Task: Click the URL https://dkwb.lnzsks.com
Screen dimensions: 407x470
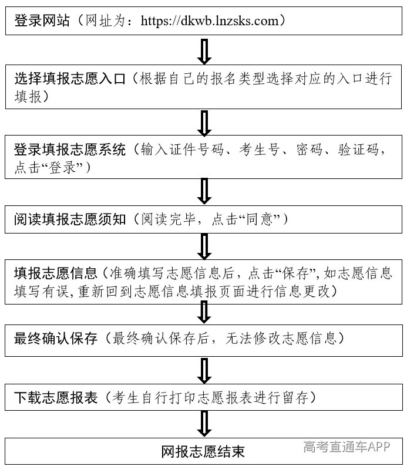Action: pyautogui.click(x=210, y=21)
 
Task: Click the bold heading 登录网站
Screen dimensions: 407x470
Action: pyautogui.click(x=42, y=21)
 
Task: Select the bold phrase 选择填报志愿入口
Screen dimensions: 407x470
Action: pyautogui.click(x=70, y=79)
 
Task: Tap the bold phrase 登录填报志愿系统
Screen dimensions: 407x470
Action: pyautogui.click(x=70, y=150)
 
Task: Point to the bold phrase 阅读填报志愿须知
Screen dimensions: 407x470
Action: pyautogui.click(x=70, y=219)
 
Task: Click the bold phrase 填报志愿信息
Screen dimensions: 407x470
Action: pyautogui.click(x=56, y=273)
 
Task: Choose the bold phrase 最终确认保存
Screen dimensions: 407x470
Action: pyautogui.click(x=56, y=339)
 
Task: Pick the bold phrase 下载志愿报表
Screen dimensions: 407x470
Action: pyautogui.click(x=56, y=398)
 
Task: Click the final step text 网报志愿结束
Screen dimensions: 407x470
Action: pyautogui.click(x=203, y=452)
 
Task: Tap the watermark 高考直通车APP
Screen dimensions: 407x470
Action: pyautogui.click(x=347, y=447)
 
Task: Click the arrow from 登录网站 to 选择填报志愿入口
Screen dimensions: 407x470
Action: pyautogui.click(x=204, y=51)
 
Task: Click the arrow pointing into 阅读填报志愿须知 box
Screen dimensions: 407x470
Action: pyautogui.click(x=204, y=191)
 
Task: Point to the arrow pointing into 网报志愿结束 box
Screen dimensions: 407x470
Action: pyautogui.click(x=204, y=424)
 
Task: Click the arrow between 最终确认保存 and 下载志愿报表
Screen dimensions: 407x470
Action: pyautogui.click(x=204, y=370)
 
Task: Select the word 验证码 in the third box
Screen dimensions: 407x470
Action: pyautogui.click(x=359, y=150)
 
